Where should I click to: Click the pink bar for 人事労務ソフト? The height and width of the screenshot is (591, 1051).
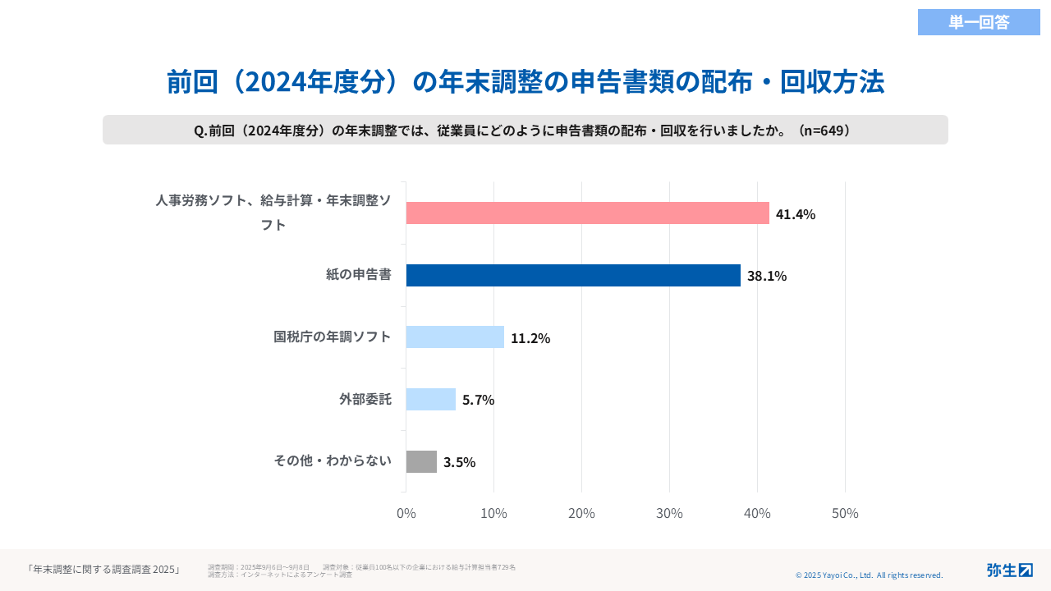[587, 213]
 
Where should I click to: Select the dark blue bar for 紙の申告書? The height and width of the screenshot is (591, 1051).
[573, 276]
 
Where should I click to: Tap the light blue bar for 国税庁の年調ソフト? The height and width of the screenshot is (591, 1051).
[455, 337]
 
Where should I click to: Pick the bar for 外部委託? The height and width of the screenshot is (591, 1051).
[431, 400]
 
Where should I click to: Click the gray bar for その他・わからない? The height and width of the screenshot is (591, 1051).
[421, 462]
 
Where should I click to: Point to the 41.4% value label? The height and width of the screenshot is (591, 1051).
[796, 214]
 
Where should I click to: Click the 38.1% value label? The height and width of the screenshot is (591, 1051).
[767, 276]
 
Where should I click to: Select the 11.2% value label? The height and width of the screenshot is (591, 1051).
[530, 338]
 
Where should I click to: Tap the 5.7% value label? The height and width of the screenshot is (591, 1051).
[478, 400]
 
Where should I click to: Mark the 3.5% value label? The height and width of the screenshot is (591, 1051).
[459, 462]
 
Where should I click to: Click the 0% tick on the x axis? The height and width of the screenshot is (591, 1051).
[406, 514]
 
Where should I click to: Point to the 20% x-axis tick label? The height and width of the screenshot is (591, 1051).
[581, 514]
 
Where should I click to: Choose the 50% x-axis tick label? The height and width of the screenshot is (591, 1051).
[845, 514]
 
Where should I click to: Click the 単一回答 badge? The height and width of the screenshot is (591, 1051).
[979, 22]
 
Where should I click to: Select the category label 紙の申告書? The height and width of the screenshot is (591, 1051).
[358, 275]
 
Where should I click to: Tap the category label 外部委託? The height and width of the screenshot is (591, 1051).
[365, 400]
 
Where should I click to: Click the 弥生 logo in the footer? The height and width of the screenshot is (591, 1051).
[1009, 570]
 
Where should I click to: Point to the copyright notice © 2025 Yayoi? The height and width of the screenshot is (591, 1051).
[869, 575]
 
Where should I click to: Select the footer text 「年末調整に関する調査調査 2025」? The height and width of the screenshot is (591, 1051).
[103, 569]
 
